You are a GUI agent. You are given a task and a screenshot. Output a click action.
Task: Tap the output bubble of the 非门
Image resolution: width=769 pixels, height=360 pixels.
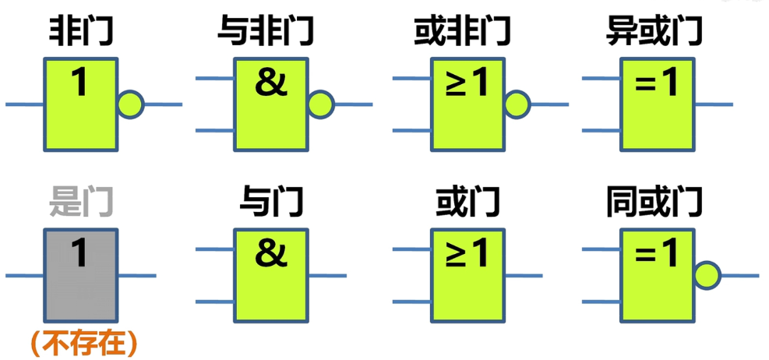point(131,104)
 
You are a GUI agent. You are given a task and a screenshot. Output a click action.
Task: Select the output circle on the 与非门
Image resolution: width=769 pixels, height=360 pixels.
point(321,104)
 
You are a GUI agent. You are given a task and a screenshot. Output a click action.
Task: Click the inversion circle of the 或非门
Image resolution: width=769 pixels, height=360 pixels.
point(517,104)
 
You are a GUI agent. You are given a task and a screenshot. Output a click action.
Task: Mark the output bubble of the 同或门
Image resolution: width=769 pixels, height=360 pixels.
point(707,275)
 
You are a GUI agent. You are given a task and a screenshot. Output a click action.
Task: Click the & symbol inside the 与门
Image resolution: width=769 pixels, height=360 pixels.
point(271,254)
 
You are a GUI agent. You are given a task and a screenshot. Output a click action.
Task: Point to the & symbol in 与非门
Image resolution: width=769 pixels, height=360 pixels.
point(271,83)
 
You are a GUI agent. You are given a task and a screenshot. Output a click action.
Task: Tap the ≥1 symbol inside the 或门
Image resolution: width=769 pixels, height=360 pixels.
point(467,254)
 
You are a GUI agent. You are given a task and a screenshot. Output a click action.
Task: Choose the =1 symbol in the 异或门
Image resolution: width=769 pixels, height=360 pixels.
point(656,83)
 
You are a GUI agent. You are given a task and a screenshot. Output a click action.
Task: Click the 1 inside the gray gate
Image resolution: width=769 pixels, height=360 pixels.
point(79,254)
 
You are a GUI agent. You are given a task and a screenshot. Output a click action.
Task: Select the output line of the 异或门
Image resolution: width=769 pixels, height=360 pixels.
point(714,104)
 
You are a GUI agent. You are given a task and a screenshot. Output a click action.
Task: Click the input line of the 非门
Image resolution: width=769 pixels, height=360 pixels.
point(25,104)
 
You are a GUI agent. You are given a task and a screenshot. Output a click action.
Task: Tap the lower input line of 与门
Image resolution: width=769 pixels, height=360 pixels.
point(215,301)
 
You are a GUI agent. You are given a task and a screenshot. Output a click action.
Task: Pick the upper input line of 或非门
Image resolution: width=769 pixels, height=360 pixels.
point(412,79)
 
